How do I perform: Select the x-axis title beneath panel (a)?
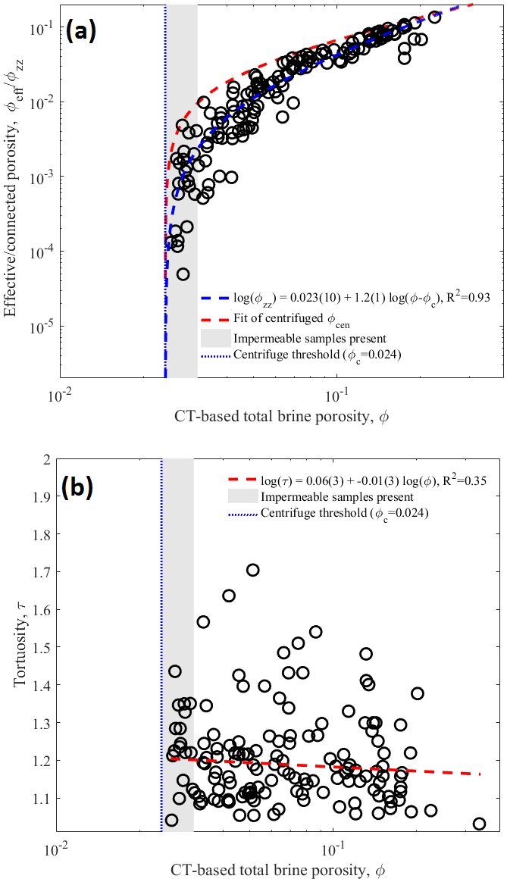279,417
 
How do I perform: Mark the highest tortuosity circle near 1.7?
253,570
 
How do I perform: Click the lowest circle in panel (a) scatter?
183,274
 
